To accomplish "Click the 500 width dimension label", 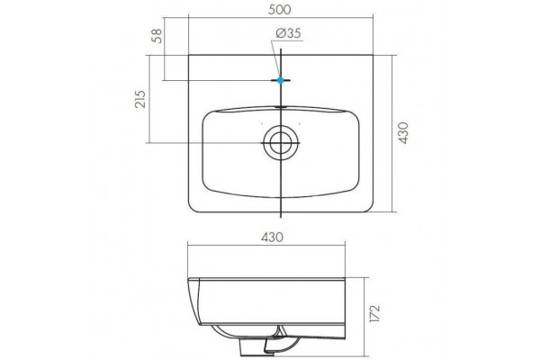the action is (280, 10).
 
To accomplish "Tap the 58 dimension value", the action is (157, 35).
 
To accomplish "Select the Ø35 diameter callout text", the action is (289, 33).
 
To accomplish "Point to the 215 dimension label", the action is (140, 99).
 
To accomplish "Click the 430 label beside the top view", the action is (402, 132).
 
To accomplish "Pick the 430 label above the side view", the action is (272, 237).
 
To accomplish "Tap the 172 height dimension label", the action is (374, 313).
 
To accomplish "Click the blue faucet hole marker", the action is (281, 80).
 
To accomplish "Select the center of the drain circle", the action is (281, 142).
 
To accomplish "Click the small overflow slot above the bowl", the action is (281, 107).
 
